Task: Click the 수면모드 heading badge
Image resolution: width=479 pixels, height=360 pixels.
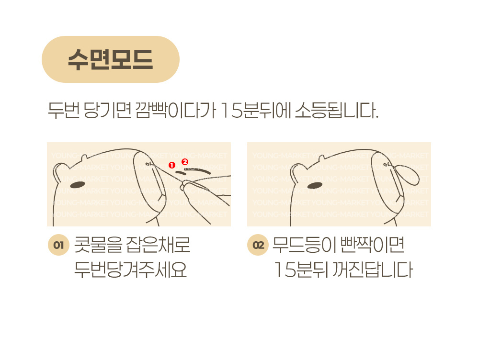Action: [x=110, y=59]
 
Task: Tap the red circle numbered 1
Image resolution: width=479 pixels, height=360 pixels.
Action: [x=172, y=165]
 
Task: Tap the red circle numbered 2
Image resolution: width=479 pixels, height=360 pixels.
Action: [x=185, y=162]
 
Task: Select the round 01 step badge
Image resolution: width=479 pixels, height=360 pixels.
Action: [x=58, y=245]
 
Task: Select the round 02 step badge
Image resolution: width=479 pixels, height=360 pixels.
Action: [x=258, y=245]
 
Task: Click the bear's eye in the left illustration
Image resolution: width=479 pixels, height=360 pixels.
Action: [x=78, y=185]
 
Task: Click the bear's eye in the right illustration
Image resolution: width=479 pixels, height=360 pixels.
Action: [x=315, y=185]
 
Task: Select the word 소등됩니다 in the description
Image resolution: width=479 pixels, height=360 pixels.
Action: [x=336, y=110]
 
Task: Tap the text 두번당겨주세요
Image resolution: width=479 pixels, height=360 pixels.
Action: [x=130, y=270]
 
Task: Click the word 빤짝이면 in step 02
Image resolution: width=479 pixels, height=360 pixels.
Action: [x=372, y=245]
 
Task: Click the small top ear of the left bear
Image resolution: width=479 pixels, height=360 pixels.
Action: [x=84, y=157]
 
